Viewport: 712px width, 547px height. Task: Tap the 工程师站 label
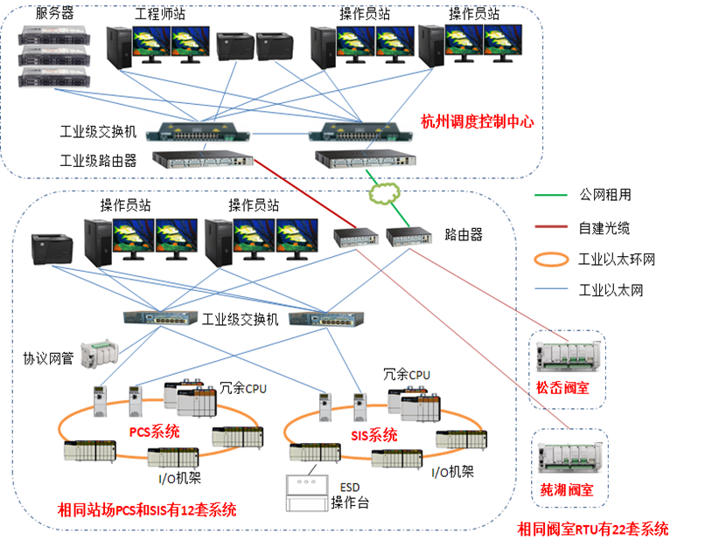[x=158, y=15]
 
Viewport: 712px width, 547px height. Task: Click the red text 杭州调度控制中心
[x=477, y=121]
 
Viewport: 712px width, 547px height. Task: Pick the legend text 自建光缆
[x=604, y=228]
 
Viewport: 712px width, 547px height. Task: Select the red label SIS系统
[x=373, y=434]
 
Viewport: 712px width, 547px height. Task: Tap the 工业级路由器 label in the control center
[x=98, y=160]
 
